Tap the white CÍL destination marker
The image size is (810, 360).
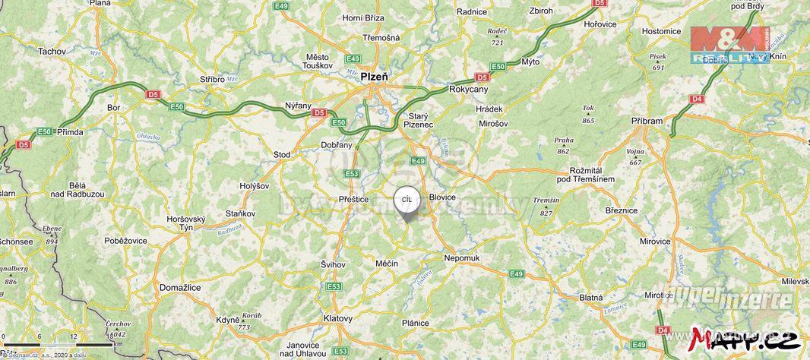pos(407,200)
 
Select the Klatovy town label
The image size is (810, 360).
pos(338,318)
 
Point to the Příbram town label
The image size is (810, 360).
pos(647,120)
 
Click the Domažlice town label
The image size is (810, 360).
pos(180,288)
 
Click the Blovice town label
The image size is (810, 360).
pos(442,197)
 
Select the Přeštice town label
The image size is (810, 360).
pos(353,199)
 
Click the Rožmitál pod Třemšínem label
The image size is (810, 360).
pos(585,173)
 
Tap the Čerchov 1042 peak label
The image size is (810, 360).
pos(116,329)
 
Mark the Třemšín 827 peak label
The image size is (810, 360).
pos(546,205)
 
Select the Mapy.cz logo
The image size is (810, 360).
pos(746,336)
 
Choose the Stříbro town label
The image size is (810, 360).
pos(212,79)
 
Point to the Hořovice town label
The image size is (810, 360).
pos(600,24)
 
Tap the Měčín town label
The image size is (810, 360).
pos(387,263)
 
